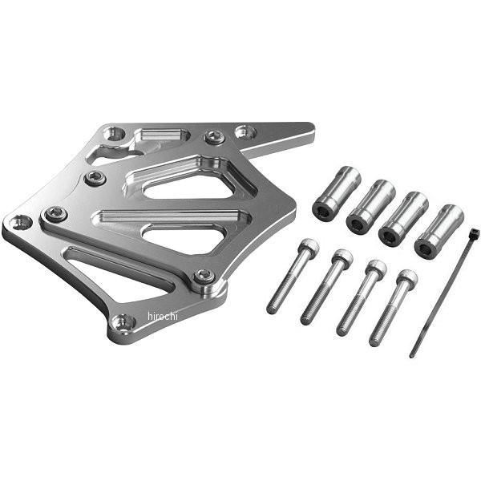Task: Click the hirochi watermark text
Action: (163, 316)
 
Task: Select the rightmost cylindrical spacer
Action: (439, 232)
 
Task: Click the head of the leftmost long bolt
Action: (308, 246)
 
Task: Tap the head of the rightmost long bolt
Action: (406, 278)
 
